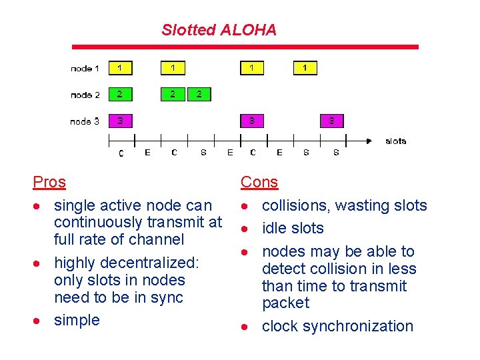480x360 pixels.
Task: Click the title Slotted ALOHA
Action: (x=219, y=30)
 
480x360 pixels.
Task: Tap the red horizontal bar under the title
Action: (x=245, y=47)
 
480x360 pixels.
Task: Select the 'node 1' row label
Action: (x=85, y=69)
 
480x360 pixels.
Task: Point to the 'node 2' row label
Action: (x=85, y=95)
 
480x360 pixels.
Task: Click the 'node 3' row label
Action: (x=85, y=121)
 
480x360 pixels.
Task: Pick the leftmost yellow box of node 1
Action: (x=120, y=67)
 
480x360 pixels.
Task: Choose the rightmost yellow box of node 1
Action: (x=305, y=67)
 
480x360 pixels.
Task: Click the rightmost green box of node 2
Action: (x=199, y=94)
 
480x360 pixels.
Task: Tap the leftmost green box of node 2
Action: (x=120, y=94)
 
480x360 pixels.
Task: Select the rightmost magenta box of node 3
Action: (x=331, y=121)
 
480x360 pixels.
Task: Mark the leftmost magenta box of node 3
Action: (x=120, y=121)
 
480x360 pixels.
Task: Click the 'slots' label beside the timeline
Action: (x=396, y=141)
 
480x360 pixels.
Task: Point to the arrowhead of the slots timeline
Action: (x=368, y=141)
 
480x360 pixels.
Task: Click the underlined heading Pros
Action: (x=49, y=182)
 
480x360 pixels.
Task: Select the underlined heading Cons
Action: (x=259, y=182)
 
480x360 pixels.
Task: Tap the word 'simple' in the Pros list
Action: (x=77, y=320)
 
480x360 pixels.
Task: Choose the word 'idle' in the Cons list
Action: (x=274, y=228)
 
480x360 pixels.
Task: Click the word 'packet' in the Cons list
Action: (x=286, y=303)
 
